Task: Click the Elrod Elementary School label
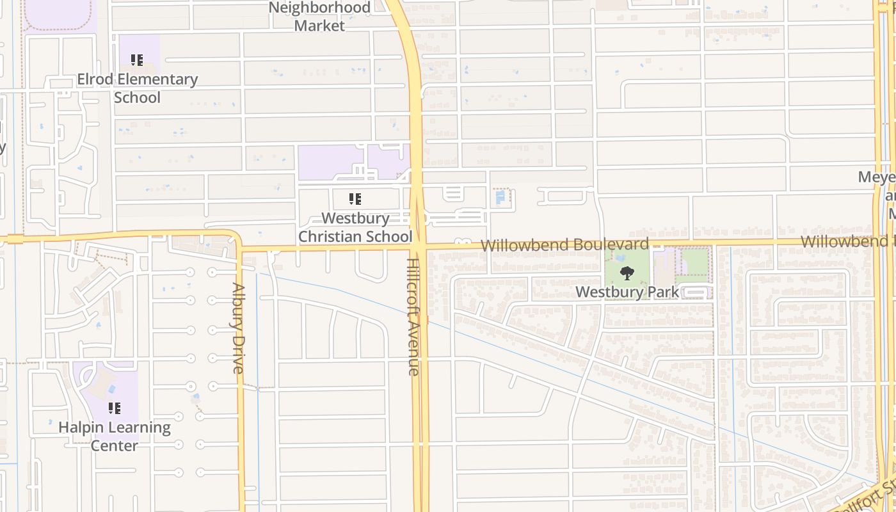(137, 88)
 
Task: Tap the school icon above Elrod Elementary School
(137, 60)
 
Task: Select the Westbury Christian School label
(355, 227)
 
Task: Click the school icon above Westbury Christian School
(355, 199)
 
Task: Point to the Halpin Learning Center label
(115, 436)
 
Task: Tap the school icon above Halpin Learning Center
(115, 408)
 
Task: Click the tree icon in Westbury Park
(627, 273)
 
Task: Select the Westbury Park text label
(627, 292)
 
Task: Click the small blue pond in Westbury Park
(620, 257)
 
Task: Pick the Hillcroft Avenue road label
(413, 317)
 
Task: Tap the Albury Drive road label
(238, 328)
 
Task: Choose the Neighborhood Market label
(319, 17)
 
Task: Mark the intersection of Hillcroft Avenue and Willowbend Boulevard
(418, 246)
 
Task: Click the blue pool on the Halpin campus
(112, 389)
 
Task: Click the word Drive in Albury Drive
(238, 353)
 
